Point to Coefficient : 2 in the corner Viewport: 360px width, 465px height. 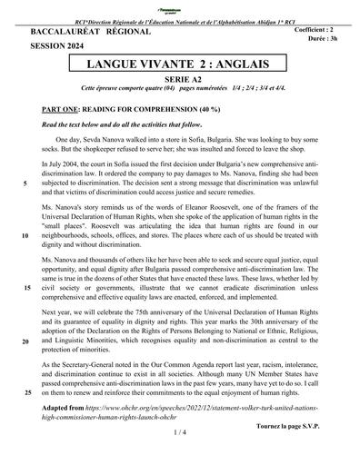tap(322, 31)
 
